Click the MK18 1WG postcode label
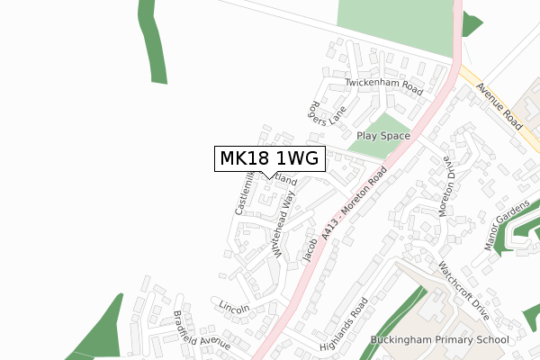pos(268,158)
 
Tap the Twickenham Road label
pos(384,86)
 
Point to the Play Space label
pos(382,136)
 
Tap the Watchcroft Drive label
pos(463,291)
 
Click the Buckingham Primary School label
pos(439,340)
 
